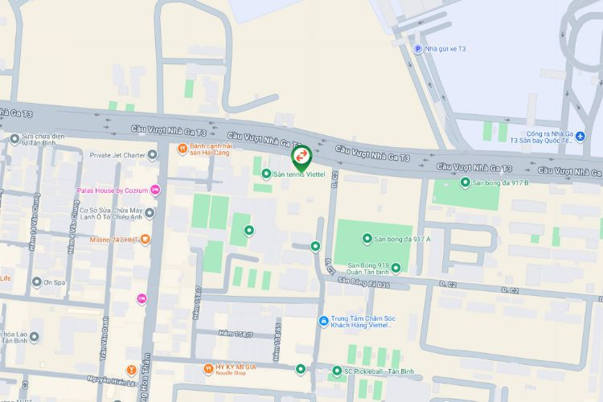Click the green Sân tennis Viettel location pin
click(301, 155)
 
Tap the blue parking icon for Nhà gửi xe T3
click(417, 49)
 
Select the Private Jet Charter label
click(117, 154)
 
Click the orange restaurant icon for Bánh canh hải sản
click(183, 148)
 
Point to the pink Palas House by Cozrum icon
click(155, 190)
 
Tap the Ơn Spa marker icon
click(36, 282)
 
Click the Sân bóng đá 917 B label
click(504, 183)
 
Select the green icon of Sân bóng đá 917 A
click(355, 239)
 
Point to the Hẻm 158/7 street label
click(237, 334)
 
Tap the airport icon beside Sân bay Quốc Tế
click(592, 139)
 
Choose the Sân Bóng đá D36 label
click(363, 282)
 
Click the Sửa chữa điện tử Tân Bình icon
click(14, 138)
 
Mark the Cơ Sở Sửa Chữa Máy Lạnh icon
click(150, 212)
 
